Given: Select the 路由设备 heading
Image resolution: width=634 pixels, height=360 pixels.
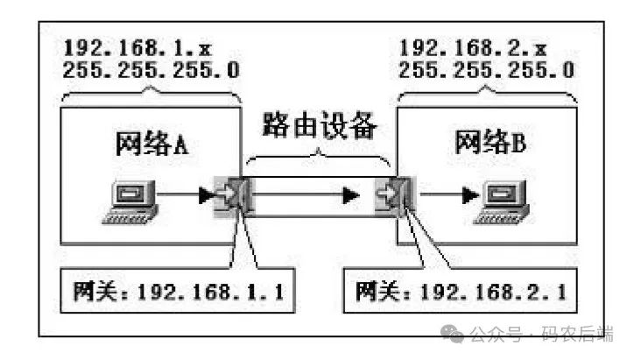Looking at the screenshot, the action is pyautogui.click(x=319, y=129).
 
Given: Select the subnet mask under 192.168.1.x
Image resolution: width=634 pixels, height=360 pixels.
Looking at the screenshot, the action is pyautogui.click(x=151, y=71).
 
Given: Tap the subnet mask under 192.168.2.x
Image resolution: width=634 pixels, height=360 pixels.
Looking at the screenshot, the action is pyautogui.click(x=486, y=71).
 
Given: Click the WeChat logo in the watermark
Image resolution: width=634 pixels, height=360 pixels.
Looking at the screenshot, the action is pyautogui.click(x=454, y=333).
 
